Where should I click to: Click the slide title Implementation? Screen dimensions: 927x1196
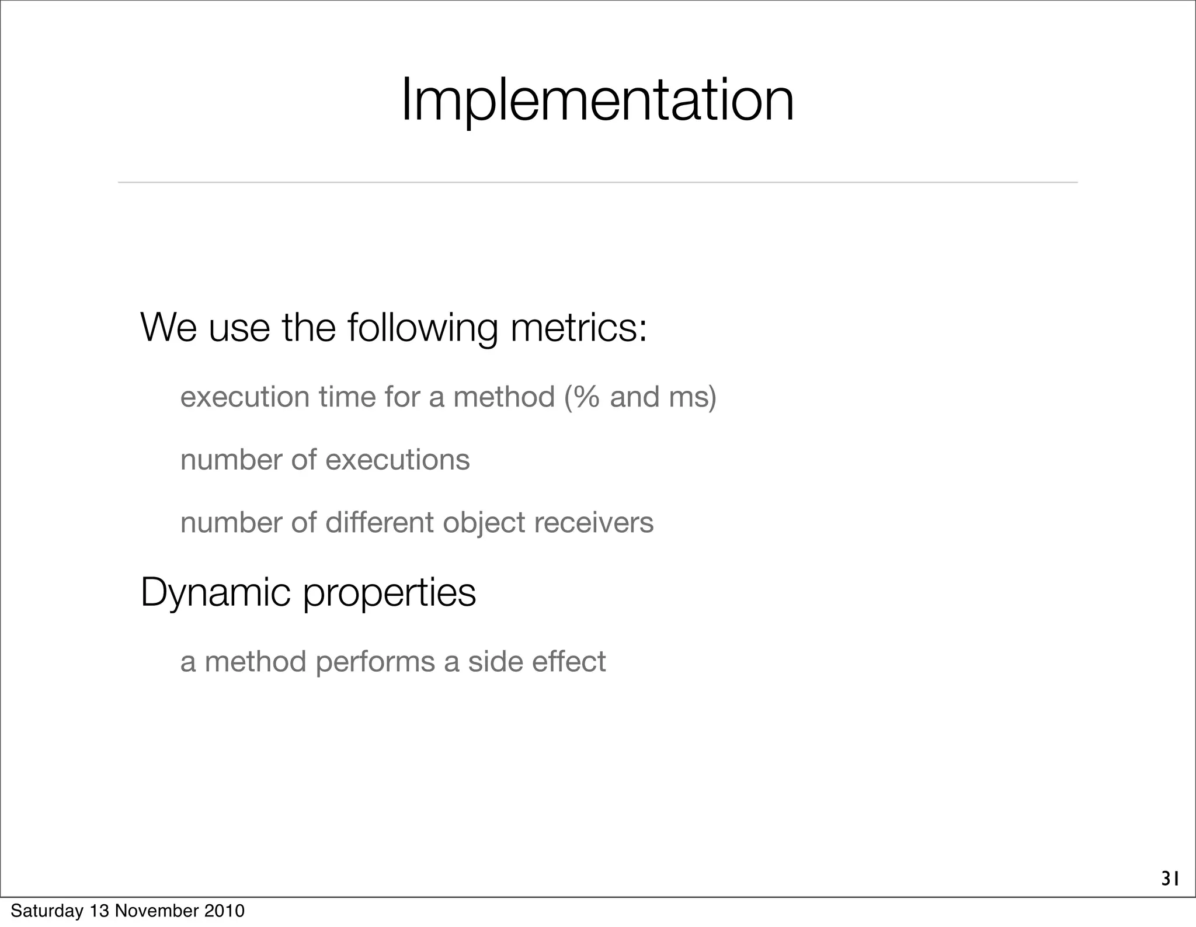point(597,100)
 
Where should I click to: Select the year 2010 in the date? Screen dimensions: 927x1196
point(224,911)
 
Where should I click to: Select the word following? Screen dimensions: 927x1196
point(423,328)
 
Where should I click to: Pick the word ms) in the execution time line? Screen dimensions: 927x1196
point(693,398)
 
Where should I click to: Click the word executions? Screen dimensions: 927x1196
point(397,460)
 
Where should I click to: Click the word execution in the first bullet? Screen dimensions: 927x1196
point(245,397)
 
